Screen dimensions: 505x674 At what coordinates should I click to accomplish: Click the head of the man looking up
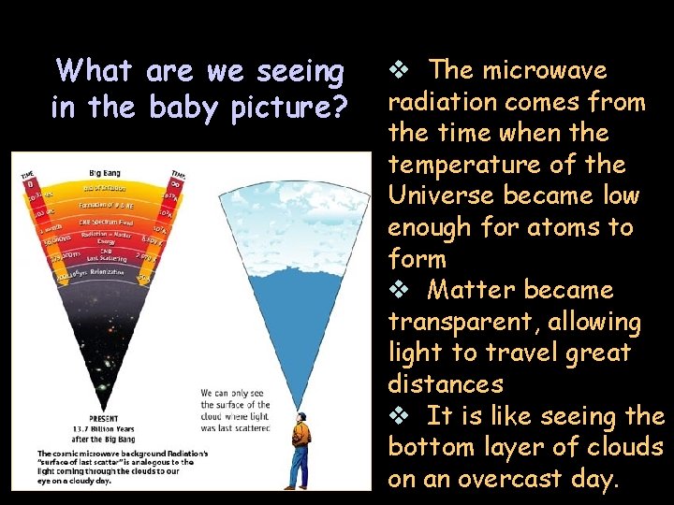[301, 418]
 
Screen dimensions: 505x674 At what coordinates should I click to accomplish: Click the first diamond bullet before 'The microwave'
[399, 70]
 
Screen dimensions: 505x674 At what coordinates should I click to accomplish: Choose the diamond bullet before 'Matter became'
[399, 290]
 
